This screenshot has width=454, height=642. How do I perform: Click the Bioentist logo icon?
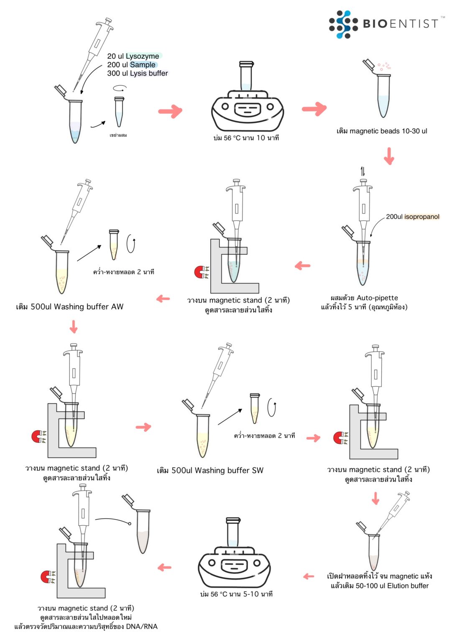pyautogui.click(x=343, y=24)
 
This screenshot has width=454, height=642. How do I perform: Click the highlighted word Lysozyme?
pyautogui.click(x=142, y=56)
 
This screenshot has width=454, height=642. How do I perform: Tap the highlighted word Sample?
pyautogui.click(x=143, y=65)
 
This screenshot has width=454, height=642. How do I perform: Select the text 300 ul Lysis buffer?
pyautogui.click(x=138, y=73)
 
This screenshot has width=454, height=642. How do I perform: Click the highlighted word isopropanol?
pyautogui.click(x=422, y=217)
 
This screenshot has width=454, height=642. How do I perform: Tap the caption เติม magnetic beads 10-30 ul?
pyautogui.click(x=382, y=131)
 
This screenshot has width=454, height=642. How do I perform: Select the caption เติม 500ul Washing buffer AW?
pyautogui.click(x=70, y=307)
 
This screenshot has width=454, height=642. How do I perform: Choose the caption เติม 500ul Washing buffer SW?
pyautogui.click(x=210, y=471)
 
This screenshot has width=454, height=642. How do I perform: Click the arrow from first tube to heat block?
pyautogui.click(x=170, y=111)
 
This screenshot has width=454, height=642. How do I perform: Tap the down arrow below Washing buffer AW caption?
pyautogui.click(x=74, y=326)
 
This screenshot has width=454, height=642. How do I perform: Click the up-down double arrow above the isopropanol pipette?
pyautogui.click(x=362, y=171)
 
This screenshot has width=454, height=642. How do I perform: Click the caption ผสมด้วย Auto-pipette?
pyautogui.click(x=364, y=298)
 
